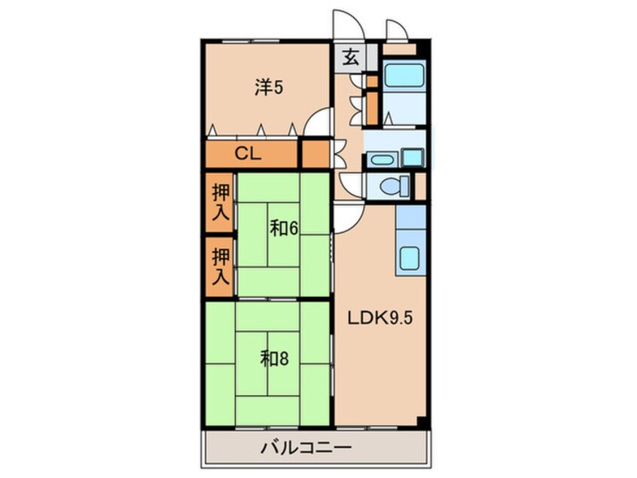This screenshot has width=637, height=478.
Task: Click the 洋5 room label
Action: pyautogui.click(x=269, y=88)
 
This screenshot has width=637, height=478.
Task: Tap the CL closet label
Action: pyautogui.click(x=247, y=155)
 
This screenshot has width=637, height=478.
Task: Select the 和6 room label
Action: pyautogui.click(x=281, y=227)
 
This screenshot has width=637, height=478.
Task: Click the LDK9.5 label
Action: pyautogui.click(x=379, y=317)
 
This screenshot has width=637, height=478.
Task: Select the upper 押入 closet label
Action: pyautogui.click(x=220, y=202)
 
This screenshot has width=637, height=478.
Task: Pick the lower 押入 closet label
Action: pyautogui.click(x=220, y=266)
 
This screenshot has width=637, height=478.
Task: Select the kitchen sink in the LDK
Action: pyautogui.click(x=411, y=259)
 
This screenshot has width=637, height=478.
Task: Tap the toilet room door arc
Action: pyautogui.click(x=351, y=184)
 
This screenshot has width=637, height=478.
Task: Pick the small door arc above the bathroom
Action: pyautogui.click(x=397, y=29)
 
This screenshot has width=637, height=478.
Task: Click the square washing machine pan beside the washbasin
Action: pyautogui.click(x=413, y=158)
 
